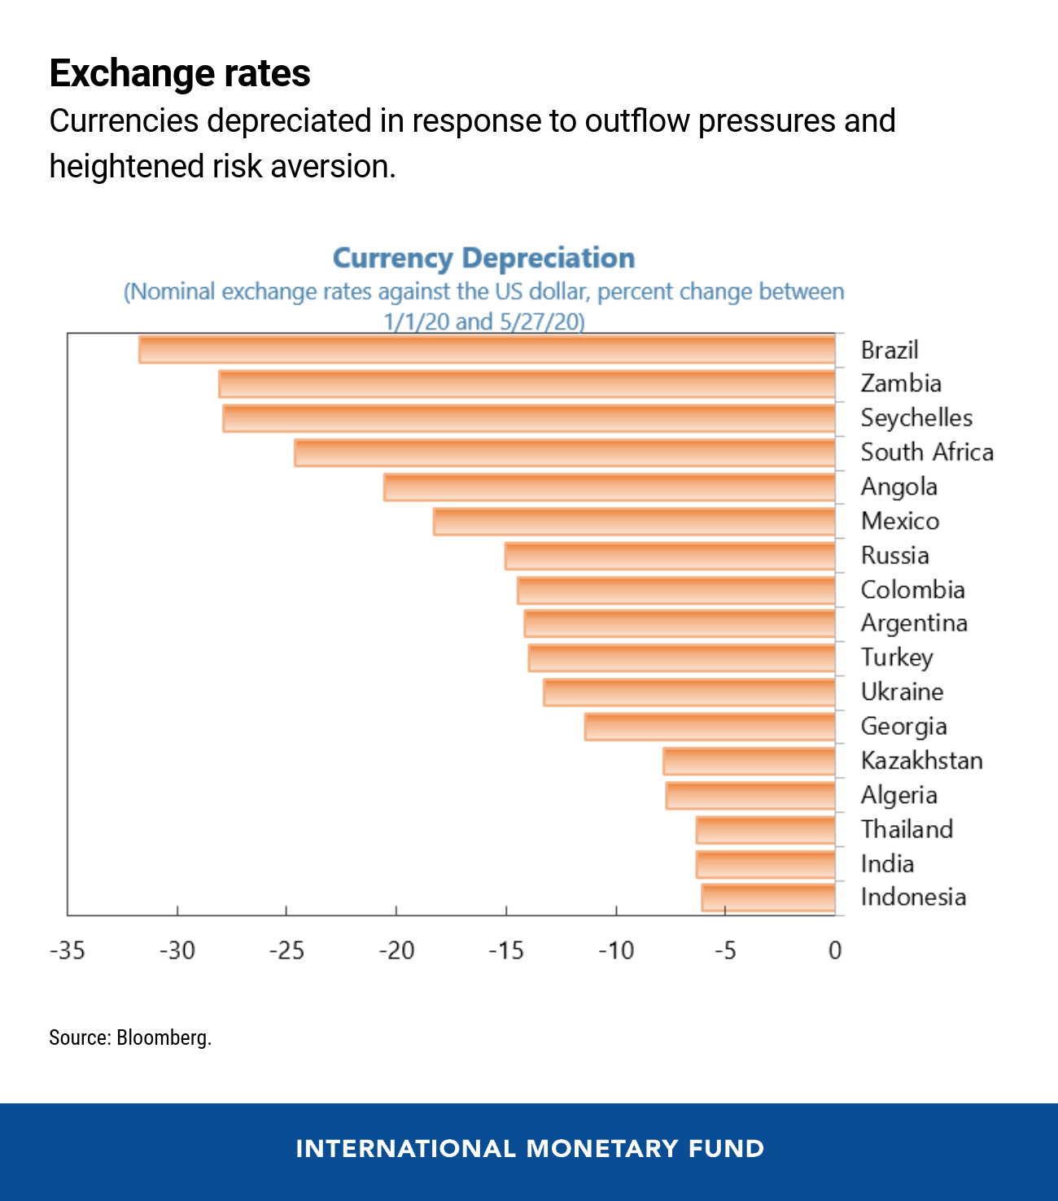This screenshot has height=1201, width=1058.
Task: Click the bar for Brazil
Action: tap(487, 349)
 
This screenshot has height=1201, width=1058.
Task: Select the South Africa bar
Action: tap(565, 452)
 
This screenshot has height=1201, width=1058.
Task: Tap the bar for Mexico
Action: tap(634, 522)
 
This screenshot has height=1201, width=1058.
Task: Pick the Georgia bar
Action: tap(710, 727)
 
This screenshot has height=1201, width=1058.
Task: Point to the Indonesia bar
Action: tap(768, 897)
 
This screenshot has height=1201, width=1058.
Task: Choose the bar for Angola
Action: tap(609, 487)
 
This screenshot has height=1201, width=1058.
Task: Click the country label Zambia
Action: tap(901, 383)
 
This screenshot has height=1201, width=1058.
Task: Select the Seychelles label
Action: tap(916, 418)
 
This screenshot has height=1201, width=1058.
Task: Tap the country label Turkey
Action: tap(897, 657)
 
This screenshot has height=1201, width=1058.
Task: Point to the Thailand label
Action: tap(907, 829)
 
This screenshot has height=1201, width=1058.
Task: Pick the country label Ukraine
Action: tap(902, 692)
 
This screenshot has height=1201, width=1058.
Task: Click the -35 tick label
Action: tap(67, 950)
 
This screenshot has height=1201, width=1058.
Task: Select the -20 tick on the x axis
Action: tap(396, 950)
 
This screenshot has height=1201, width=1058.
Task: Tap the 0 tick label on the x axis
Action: tap(835, 950)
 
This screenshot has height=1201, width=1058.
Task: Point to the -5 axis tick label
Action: tap(725, 950)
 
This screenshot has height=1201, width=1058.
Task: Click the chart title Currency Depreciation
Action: tap(483, 258)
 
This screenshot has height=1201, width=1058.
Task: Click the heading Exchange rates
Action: tap(180, 73)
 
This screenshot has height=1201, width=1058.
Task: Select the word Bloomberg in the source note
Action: tap(164, 1037)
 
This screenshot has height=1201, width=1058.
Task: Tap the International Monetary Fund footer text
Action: tap(530, 1148)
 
